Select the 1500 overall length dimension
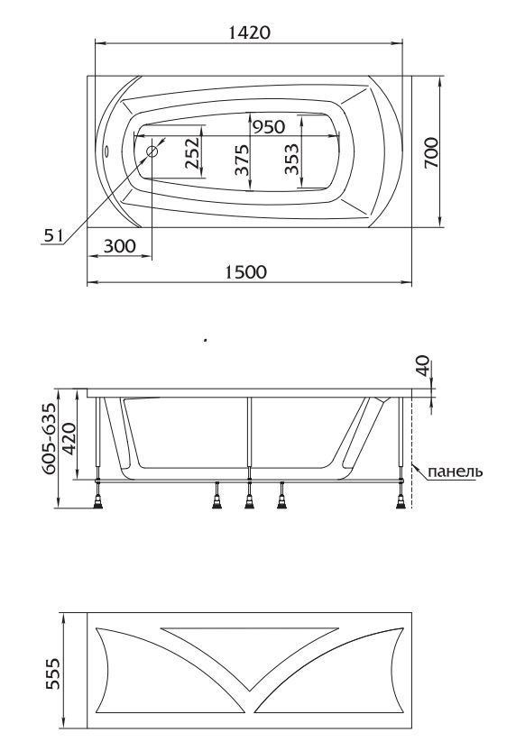tap(245, 273)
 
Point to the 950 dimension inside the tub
tap(270, 126)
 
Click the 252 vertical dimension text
tap(191, 154)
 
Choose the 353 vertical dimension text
tap(290, 159)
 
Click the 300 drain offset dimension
tap(120, 244)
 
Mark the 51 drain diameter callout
tap(53, 235)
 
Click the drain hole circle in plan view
tap(152, 151)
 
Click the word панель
tap(456, 472)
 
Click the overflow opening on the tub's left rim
tap(106, 151)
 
